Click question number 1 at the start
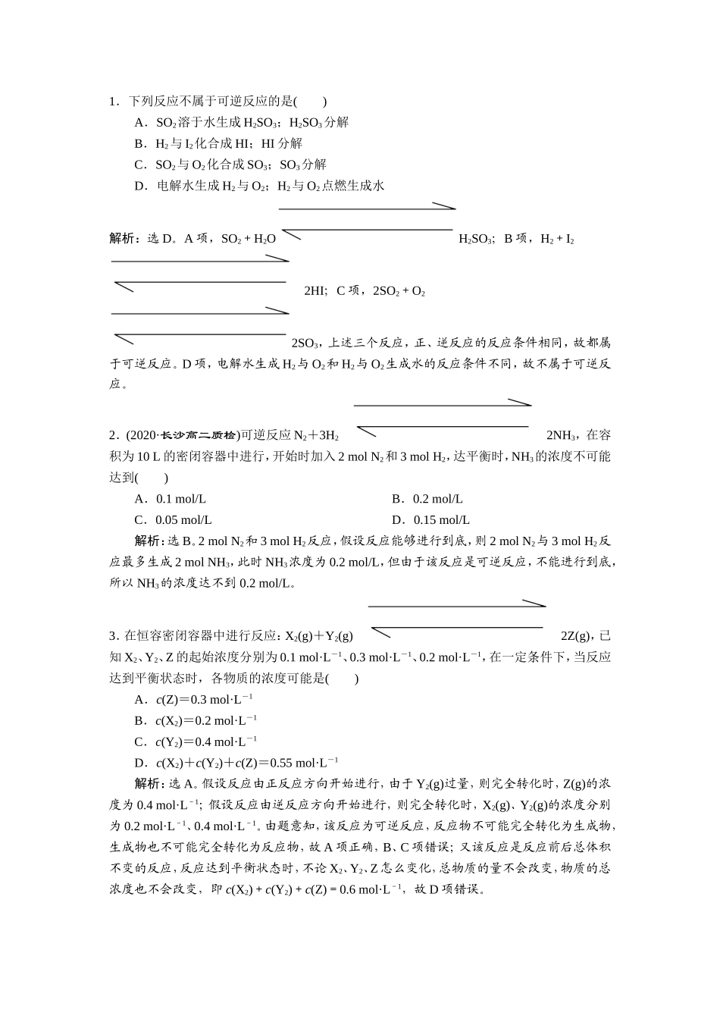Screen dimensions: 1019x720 (x=113, y=102)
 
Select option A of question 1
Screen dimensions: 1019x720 (x=241, y=123)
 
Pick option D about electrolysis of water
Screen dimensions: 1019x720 (x=259, y=186)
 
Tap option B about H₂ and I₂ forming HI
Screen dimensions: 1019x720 (x=218, y=144)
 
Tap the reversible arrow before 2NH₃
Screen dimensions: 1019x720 (x=443, y=415)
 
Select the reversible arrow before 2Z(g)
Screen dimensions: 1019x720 (x=457, y=616)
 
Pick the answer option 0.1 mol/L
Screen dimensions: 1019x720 (x=171, y=499)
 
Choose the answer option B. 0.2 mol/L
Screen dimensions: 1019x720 (x=427, y=499)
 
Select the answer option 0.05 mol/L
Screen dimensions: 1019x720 (x=174, y=520)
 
